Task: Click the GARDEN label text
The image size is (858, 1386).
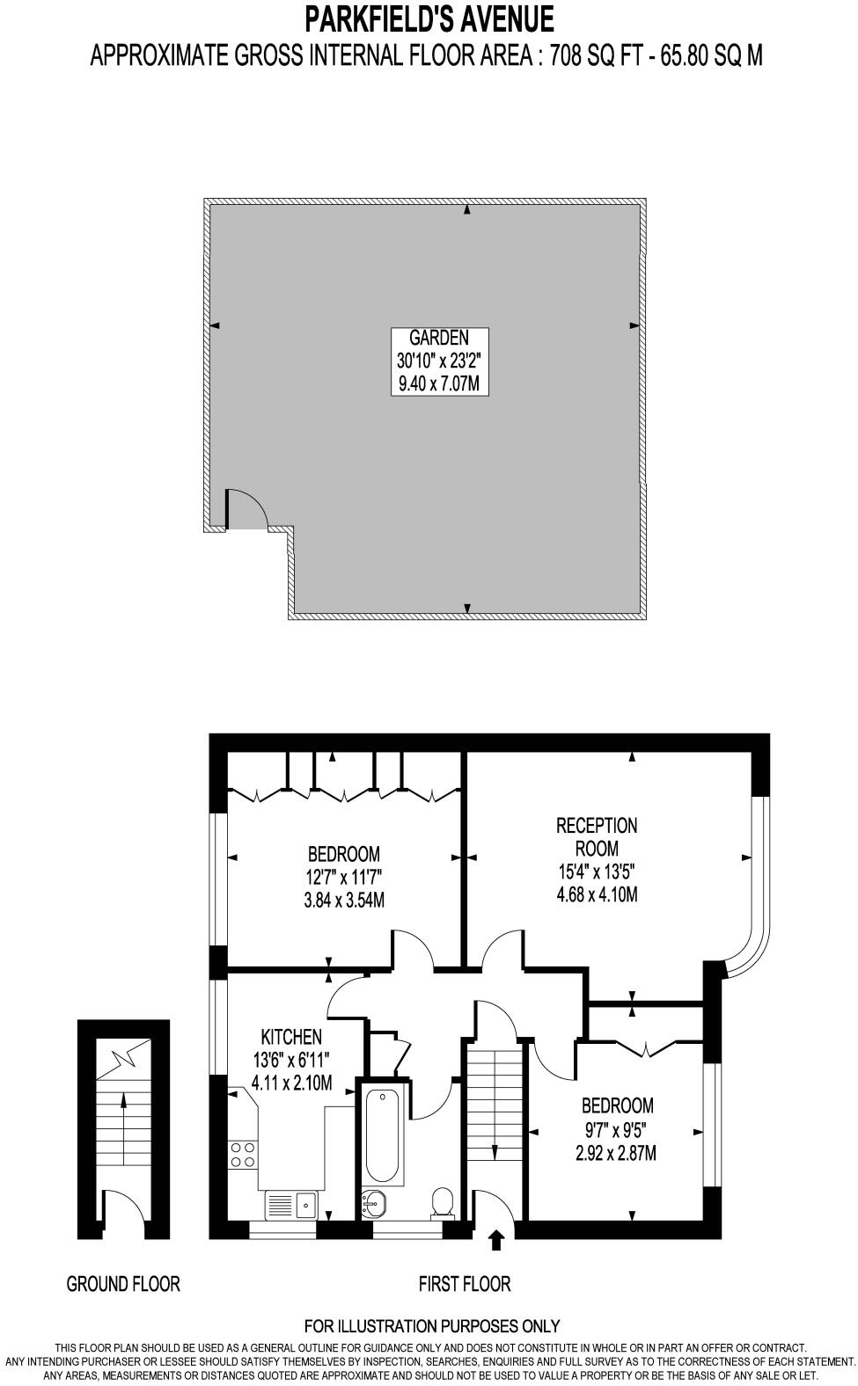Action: pos(439,338)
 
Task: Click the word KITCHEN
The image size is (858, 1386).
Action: pos(290,1037)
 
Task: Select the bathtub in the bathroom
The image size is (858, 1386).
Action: pos(384,1134)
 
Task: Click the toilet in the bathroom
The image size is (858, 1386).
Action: pos(443,1202)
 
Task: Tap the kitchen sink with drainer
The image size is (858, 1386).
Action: pos(291,1203)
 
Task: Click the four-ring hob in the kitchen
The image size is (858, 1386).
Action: pos(244,1154)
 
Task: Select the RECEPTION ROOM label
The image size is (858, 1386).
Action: pos(597,837)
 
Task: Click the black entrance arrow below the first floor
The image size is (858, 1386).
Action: pos(496,1240)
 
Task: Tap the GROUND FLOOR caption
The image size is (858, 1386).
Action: pos(123,1284)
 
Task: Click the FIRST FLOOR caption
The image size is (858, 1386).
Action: pos(464,1284)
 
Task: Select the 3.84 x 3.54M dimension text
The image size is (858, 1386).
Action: pos(344,901)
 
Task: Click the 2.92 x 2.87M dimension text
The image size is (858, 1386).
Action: pos(616,1153)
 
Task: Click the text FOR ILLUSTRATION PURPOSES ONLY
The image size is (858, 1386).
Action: pos(431,1326)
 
